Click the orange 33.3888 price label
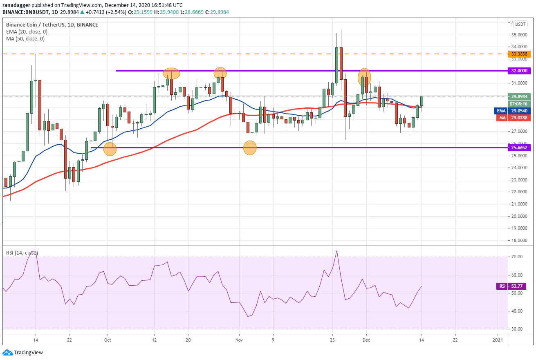pos(519,54)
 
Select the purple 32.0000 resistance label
pos(519,71)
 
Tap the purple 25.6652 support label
pos(519,148)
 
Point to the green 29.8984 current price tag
pos(519,96)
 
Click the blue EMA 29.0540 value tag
pos(512,111)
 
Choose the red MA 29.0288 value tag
pos(514,118)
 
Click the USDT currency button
pos(520,24)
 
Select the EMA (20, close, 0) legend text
pos(27,32)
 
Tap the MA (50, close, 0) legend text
pos(25,39)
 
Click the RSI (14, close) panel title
pos(22,253)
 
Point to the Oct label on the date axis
pos(108,340)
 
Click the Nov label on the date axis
pos(239,340)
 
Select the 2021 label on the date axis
pos(498,340)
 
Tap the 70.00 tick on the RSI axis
pos(517,257)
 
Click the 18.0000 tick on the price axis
pos(519,240)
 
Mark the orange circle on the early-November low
pos(250,148)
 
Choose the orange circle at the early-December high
pos(364,77)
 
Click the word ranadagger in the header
pos(16,5)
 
